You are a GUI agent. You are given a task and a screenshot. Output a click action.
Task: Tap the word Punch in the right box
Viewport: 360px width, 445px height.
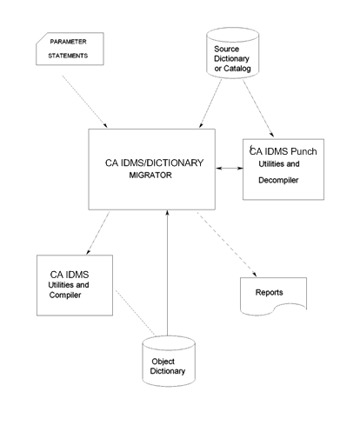pyautogui.click(x=300, y=151)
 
